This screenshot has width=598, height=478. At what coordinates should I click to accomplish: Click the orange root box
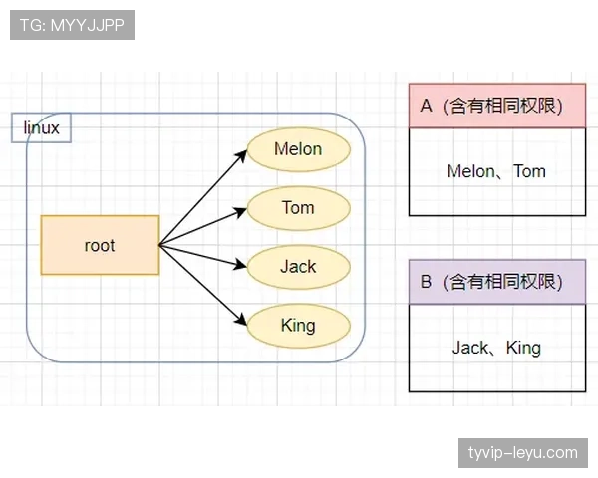click(x=100, y=245)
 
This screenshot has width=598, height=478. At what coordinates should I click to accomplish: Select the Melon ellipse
click(x=299, y=149)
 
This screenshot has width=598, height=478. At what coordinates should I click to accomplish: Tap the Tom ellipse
click(x=299, y=208)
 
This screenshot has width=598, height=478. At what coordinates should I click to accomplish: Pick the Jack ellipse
click(x=299, y=267)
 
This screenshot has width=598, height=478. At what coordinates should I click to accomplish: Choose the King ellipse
click(x=299, y=325)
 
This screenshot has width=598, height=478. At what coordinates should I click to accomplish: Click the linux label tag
click(x=41, y=128)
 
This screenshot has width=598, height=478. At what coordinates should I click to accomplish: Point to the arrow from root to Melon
click(x=203, y=198)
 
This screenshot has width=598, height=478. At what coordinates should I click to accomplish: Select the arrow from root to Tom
click(x=203, y=227)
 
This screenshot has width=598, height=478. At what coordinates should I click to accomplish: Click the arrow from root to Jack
click(x=203, y=255)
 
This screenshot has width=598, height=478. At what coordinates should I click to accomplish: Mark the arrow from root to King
click(x=203, y=283)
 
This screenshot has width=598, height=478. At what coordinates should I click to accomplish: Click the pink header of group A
click(x=496, y=106)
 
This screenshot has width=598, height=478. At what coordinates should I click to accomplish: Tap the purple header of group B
click(x=496, y=282)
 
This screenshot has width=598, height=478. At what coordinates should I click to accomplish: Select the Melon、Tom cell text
click(x=496, y=171)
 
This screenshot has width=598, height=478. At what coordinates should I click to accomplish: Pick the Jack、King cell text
click(x=496, y=348)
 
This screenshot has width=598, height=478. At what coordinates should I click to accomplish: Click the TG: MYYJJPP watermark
click(x=72, y=25)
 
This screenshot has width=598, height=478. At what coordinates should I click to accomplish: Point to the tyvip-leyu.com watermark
click(x=522, y=453)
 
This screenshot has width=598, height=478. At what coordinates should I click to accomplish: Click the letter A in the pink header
click(x=426, y=106)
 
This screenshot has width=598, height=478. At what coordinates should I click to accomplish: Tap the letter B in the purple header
click(x=426, y=282)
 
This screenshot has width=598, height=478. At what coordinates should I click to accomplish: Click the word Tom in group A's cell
click(x=529, y=171)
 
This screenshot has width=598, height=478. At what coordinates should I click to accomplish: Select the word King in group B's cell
click(x=523, y=348)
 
